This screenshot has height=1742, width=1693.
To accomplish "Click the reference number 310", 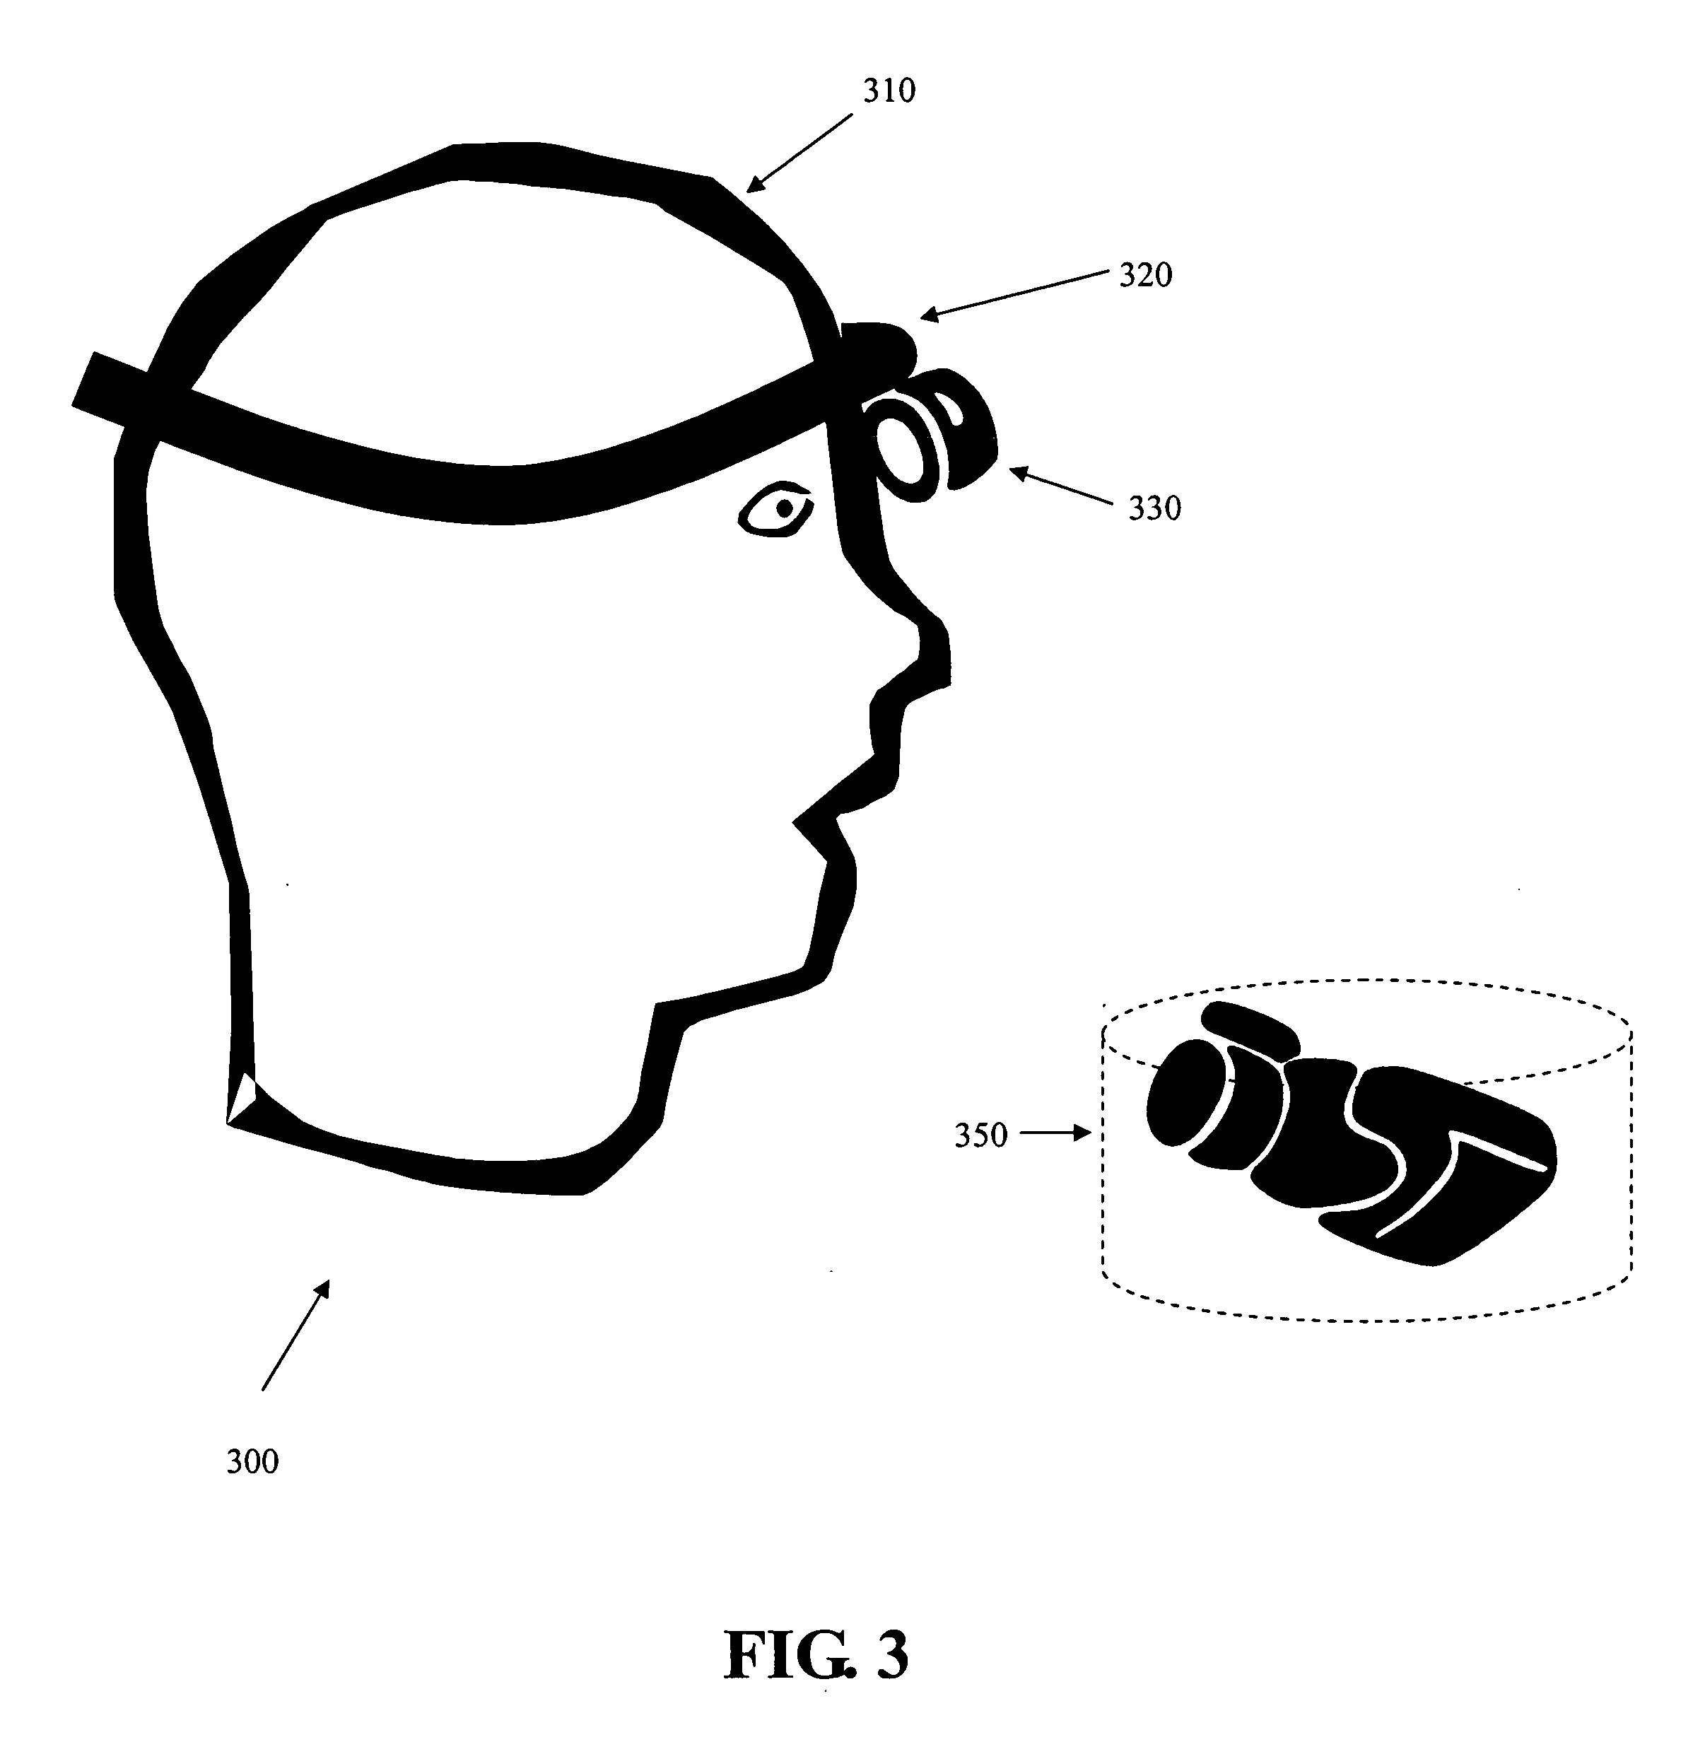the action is (x=889, y=90).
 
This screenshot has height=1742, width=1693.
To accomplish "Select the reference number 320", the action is (x=1145, y=276).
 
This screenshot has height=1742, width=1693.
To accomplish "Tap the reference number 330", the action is (x=1154, y=508).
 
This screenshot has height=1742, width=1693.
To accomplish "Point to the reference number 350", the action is (x=980, y=1135).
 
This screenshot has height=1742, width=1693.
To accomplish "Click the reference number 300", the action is (x=252, y=1462).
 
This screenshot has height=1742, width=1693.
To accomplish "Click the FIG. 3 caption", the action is (x=817, y=1654).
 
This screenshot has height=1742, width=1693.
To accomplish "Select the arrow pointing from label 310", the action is (x=799, y=152).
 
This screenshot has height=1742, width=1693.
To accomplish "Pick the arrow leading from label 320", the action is (x=1014, y=294).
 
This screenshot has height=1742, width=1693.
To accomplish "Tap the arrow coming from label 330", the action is (x=1060, y=486).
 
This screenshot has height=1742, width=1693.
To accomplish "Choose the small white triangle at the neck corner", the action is (x=241, y=1097).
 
